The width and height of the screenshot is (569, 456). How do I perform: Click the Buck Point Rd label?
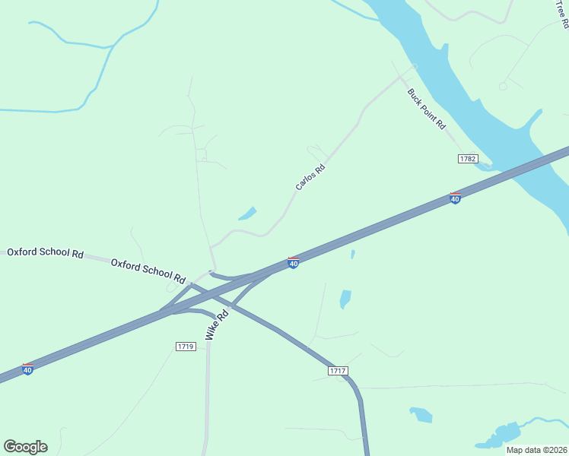click(x=426, y=109)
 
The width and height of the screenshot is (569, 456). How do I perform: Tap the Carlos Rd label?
click(x=310, y=177)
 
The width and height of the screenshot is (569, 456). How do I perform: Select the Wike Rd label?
click(x=216, y=325)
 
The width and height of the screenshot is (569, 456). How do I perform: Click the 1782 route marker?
click(x=468, y=159)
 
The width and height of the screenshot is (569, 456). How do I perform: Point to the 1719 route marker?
click(x=186, y=347)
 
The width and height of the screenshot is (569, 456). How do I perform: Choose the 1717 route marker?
click(x=339, y=371)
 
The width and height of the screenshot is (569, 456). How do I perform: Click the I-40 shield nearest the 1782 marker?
click(x=455, y=198)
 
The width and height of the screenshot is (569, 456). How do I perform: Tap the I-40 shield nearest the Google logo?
click(x=27, y=369)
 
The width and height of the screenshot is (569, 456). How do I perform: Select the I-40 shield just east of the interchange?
click(x=293, y=263)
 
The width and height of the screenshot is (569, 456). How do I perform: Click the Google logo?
click(x=25, y=447)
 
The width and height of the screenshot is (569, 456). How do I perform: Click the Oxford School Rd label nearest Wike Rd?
click(x=148, y=271)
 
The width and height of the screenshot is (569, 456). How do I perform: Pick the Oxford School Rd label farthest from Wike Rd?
click(x=45, y=252)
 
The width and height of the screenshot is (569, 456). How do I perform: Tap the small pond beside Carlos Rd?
click(x=247, y=214)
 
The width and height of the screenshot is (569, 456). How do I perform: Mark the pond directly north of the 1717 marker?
click(x=345, y=299)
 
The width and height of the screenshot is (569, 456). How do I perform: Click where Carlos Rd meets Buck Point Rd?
click(x=415, y=66)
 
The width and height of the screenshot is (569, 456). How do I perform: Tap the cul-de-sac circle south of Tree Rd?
click(x=503, y=87)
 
